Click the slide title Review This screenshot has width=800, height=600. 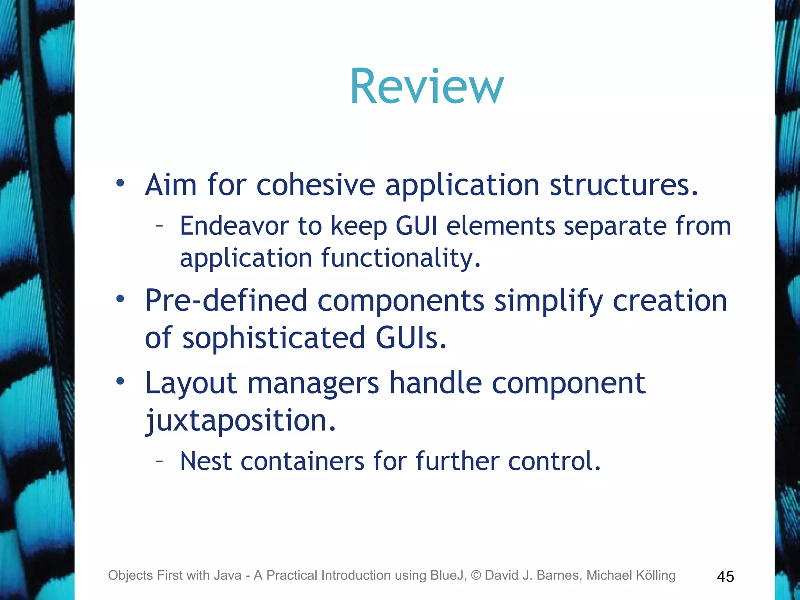coord(427,86)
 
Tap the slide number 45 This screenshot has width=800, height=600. coord(725,577)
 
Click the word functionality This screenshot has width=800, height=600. coord(401,259)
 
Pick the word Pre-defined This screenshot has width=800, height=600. coord(226,300)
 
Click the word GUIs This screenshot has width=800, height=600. coord(411,338)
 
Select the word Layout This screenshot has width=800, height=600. coord(191,383)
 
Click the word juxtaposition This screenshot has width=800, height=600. coord(240,420)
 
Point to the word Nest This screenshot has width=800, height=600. coord(206,461)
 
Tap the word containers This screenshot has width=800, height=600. coord(302,461)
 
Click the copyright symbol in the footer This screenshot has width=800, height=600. coord(476,575)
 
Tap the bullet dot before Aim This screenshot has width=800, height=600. coord(120,183)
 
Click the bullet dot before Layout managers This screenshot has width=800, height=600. coord(120,381)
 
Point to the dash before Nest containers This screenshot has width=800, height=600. coord(159,461)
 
